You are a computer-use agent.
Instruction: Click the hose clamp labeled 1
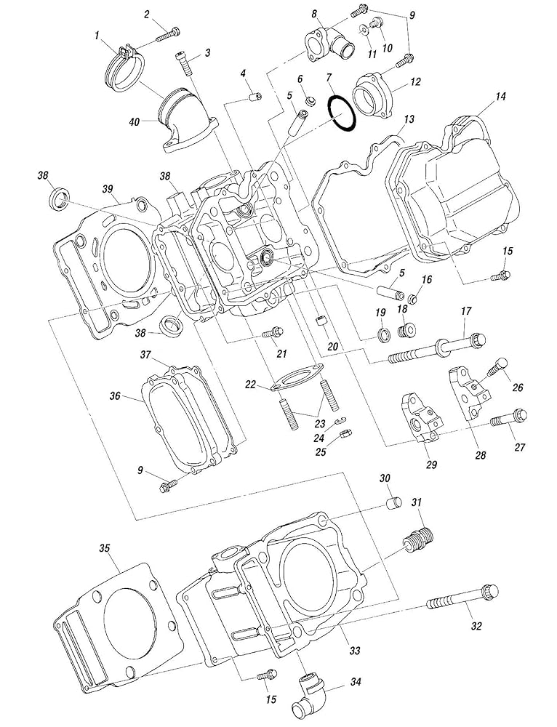click(124, 68)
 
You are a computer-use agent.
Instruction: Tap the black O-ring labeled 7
click(342, 113)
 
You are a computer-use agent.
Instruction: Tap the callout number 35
click(105, 547)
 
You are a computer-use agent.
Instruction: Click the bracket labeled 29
click(420, 418)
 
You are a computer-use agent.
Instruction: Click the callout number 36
click(115, 396)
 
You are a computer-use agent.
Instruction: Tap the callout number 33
click(355, 651)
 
